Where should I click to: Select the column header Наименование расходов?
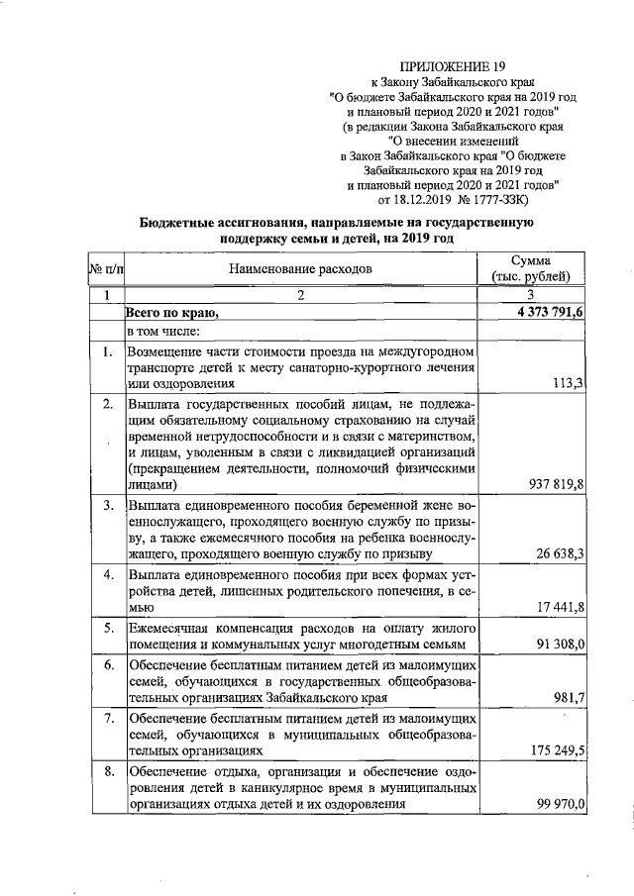tap(301, 268)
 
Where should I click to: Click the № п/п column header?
tap(106, 268)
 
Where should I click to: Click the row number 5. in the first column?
tap(107, 628)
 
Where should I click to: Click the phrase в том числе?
tap(163, 331)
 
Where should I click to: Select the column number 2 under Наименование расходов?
tap(301, 295)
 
